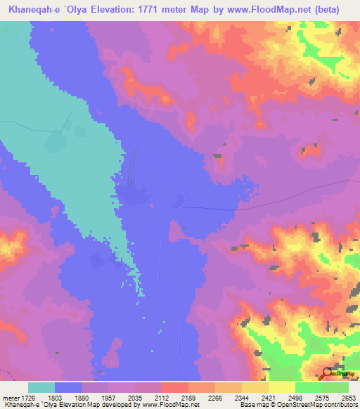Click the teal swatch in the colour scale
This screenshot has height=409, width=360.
click(41, 387)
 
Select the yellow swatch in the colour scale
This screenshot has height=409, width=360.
click(281, 387)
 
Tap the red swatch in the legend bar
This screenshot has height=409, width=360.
click(174, 387)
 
